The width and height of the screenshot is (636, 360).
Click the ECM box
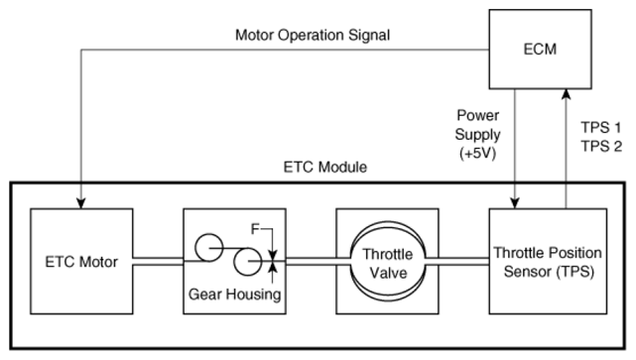point(540,49)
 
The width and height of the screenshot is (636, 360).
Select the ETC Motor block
point(81,261)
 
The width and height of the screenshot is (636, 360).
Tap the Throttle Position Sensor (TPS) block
point(548,261)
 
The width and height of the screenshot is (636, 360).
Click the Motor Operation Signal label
point(313,35)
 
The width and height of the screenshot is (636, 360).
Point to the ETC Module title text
point(324,167)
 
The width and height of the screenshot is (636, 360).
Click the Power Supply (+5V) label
point(477,135)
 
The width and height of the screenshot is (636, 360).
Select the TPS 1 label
point(601,128)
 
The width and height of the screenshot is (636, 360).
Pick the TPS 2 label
point(601,147)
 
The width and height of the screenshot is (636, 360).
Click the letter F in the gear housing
point(255,229)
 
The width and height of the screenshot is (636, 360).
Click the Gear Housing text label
point(234,294)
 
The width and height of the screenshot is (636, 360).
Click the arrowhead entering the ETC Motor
point(81,203)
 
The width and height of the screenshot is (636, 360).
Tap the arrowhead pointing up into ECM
point(566,94)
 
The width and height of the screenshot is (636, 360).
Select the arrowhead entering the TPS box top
point(515,203)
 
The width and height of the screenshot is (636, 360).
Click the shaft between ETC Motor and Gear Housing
point(158,262)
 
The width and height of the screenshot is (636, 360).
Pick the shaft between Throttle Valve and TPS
point(456,262)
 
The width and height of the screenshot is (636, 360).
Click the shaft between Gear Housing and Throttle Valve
point(318,262)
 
